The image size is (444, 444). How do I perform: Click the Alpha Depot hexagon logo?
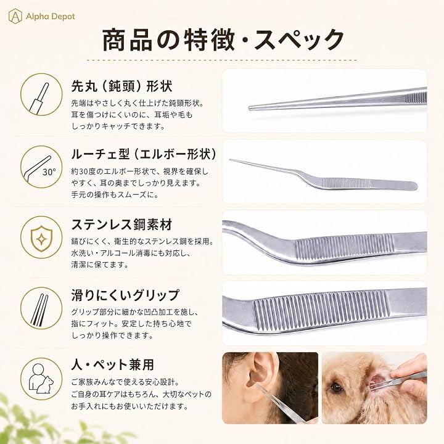tap(15, 16)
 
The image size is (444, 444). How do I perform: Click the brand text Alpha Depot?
tap(51, 17)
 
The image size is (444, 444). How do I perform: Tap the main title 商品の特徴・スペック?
tap(223, 39)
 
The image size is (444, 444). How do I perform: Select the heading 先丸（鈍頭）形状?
tap(121, 86)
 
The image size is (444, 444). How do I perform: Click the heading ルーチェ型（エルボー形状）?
tap(144, 155)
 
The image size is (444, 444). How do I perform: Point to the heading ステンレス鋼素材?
tap(121, 225)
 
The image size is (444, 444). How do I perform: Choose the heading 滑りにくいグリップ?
tap(125, 295)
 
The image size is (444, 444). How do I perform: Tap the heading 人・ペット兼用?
tap(112, 365)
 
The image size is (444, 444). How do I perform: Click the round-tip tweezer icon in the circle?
tap(41, 94)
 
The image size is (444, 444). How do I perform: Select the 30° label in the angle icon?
tap(49, 172)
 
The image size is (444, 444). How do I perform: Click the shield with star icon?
tap(41, 239)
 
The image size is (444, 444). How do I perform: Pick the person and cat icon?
tap(41, 378)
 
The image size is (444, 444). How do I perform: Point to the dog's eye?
tap(337, 387)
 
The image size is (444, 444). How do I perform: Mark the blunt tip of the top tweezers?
tap(250, 108)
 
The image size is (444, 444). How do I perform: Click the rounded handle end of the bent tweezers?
tap(414, 186)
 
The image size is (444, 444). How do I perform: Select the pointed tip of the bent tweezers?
tap(231, 160)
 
